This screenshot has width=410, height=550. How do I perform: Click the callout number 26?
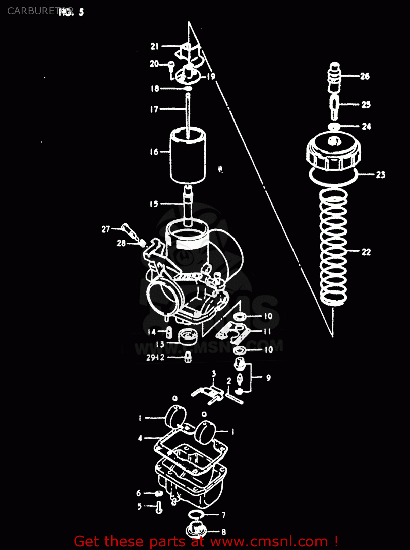coord(365,76)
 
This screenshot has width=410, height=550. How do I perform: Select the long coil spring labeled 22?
coord(333,249)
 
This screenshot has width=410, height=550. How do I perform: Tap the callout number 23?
coord(381,175)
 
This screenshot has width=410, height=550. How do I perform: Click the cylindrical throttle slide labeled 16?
coord(187,156)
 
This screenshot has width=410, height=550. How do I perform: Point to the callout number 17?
coord(154,109)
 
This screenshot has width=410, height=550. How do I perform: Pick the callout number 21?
coord(154,47)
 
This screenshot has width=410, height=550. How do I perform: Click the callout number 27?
coord(106,229)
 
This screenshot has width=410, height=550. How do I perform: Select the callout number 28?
coord(121,243)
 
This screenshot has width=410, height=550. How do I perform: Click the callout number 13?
coord(160,344)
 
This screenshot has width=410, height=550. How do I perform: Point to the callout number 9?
coord(268,378)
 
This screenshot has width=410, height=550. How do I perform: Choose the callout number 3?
coord(214,374)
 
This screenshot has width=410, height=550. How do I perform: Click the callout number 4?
coord(140,438)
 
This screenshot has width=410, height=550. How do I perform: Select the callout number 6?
coord(139,493)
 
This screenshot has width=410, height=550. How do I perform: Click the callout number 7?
coord(223,515)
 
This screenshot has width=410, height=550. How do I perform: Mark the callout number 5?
coord(139,506)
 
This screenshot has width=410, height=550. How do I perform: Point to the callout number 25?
coord(366,105)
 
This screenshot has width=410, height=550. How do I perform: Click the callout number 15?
coord(154,204)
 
